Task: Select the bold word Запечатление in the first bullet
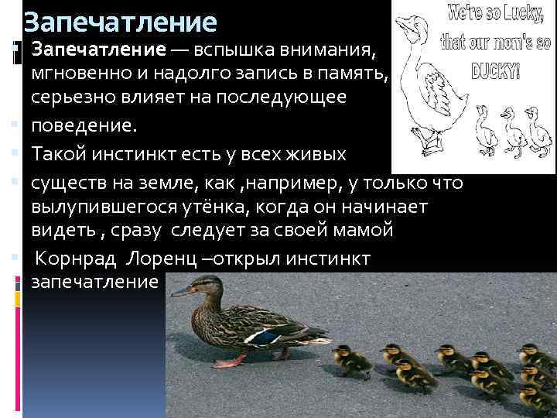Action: click(98, 51)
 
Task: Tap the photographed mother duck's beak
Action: click(180, 293)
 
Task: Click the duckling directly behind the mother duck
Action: click(345, 359)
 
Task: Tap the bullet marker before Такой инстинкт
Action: click(16, 156)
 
